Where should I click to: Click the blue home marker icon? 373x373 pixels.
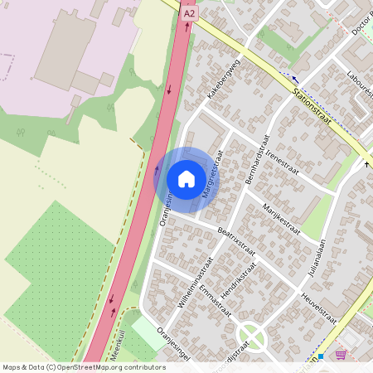pyautogui.click(x=186, y=178)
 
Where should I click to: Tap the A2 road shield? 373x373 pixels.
pyautogui.click(x=189, y=13)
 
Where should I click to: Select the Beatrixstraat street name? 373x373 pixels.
pyautogui.click(x=235, y=238)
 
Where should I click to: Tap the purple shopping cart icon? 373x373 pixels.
pyautogui.click(x=341, y=355)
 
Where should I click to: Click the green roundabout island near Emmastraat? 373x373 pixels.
pyautogui.click(x=251, y=336)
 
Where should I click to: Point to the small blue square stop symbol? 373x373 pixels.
pyautogui.click(x=320, y=356)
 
